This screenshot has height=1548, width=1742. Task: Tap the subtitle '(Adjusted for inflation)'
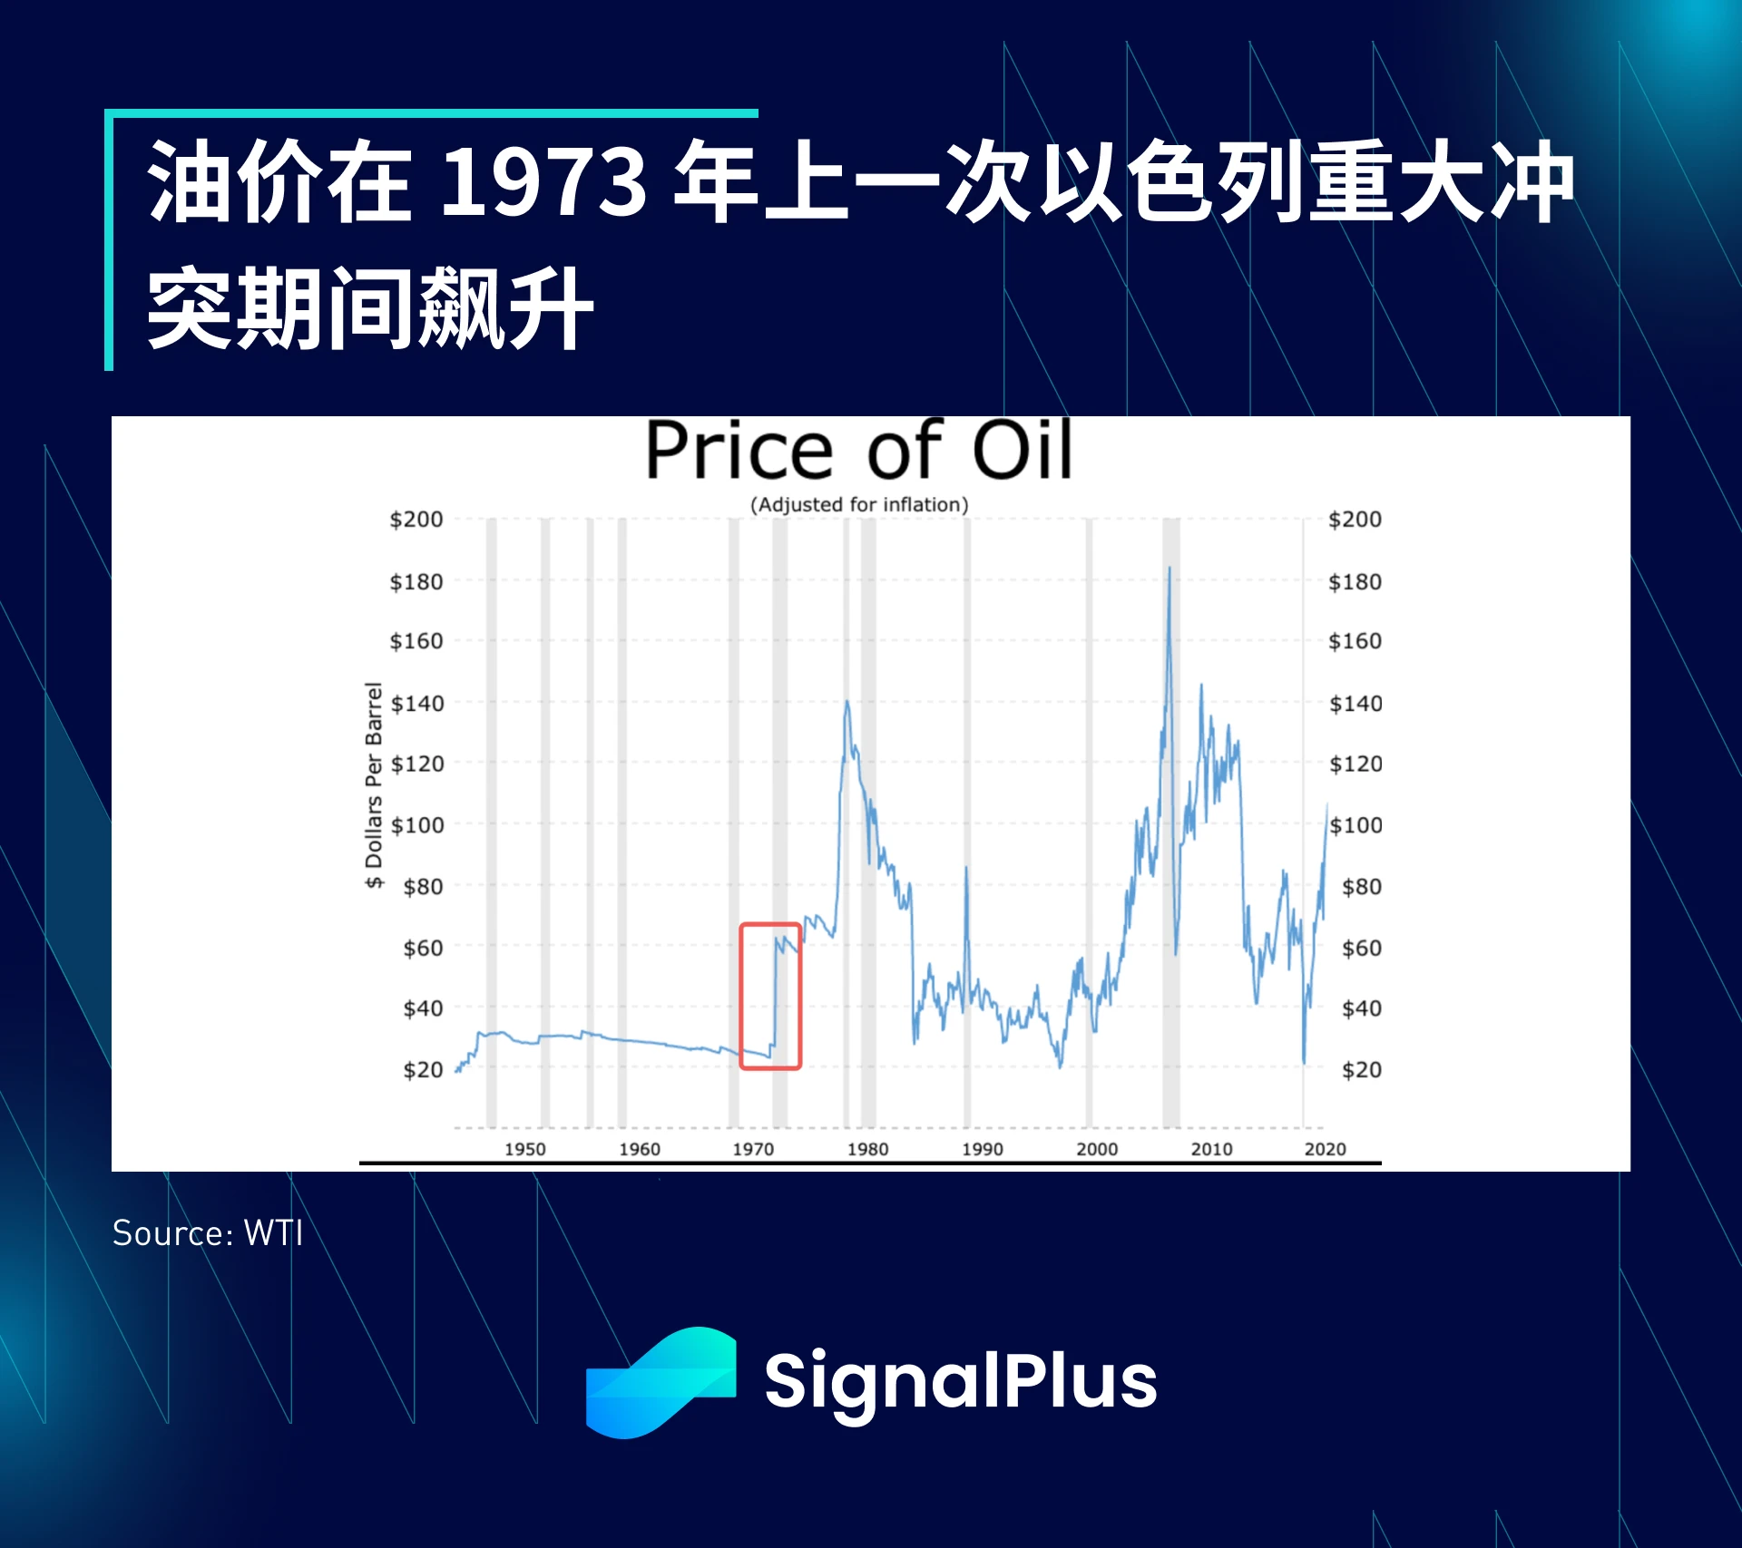859,505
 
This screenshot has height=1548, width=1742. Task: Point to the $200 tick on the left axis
416,520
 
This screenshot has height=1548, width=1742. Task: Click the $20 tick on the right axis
1362,1070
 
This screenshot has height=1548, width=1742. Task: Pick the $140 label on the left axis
417,704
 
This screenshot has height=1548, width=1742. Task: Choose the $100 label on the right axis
1355,825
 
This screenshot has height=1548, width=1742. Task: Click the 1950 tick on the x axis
525,1149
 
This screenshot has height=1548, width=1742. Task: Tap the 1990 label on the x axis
983,1149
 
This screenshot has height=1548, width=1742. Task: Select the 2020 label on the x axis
1325,1149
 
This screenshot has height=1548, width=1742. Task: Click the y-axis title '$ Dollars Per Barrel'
374,785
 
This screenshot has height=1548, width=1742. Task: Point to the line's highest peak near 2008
1169,568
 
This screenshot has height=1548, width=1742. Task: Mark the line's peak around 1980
847,701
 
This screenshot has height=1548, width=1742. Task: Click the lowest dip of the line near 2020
1304,1062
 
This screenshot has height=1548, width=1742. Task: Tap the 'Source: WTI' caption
208,1233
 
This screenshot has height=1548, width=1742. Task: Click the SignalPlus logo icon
661,1382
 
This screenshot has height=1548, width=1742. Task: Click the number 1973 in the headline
543,182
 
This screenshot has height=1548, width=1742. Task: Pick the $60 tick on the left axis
424,949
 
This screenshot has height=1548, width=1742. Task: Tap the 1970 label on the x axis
753,1149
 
